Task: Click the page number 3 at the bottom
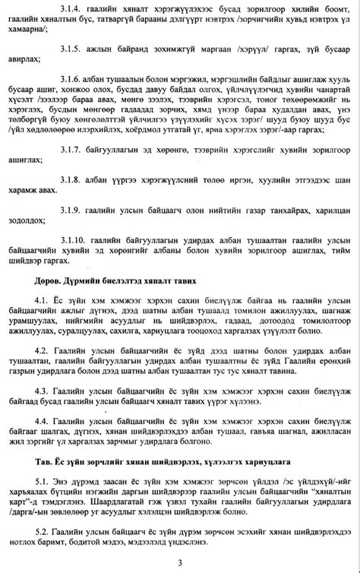[x=180, y=562]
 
